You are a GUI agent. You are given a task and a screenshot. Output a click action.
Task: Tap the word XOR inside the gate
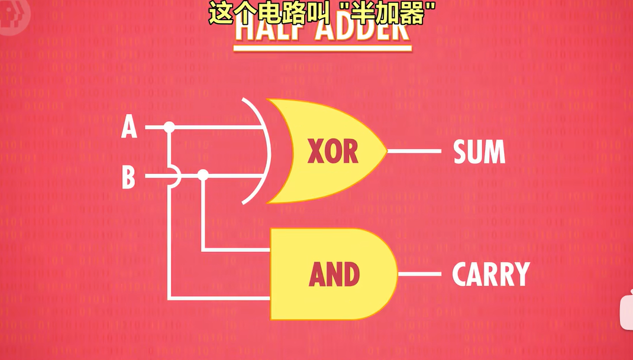332,151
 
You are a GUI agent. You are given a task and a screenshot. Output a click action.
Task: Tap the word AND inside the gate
334,274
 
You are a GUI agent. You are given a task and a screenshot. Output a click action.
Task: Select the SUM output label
479,152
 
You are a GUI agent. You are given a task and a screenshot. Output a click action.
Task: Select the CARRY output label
490,274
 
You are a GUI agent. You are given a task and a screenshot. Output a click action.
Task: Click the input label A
129,127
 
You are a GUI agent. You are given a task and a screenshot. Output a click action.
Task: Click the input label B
128,177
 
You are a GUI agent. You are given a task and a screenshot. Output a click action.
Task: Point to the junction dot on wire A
169,127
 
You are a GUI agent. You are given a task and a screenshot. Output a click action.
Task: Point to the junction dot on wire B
203,175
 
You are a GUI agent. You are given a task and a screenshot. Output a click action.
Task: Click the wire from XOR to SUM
414,151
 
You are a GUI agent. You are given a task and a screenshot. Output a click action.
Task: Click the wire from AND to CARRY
420,274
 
